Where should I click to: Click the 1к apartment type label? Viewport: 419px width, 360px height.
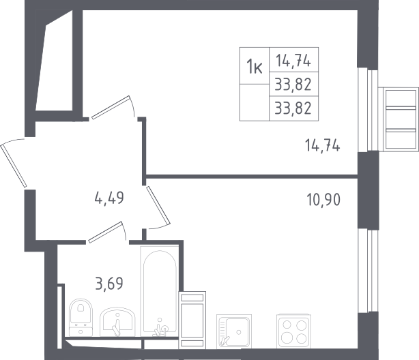pos(254,66)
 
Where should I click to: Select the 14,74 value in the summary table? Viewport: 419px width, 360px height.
pos(293,61)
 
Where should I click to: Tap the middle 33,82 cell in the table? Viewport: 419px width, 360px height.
pos(293,85)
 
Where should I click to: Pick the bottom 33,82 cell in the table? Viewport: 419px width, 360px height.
pos(293,108)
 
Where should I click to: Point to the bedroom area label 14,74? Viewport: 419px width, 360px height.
pos(323,146)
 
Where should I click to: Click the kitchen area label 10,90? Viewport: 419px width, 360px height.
pos(323,200)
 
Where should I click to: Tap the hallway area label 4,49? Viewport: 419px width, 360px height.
pos(109,198)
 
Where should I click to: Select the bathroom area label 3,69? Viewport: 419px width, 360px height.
pos(109,284)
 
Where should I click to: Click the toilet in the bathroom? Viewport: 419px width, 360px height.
pos(81,317)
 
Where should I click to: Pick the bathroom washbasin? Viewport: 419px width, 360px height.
pos(117,322)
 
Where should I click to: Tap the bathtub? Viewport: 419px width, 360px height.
pos(160,291)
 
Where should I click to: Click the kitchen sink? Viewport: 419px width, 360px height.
pos(234,331)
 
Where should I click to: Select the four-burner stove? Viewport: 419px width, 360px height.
pos(294,331)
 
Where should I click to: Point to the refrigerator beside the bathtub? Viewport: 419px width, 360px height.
pos(192,320)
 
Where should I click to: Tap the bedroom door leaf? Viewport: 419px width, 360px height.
pos(111,107)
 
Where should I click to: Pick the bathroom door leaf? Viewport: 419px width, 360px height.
pos(106,232)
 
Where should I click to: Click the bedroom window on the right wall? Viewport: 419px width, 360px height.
pos(368,110)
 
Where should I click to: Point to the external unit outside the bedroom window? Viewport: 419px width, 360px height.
pos(401,119)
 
